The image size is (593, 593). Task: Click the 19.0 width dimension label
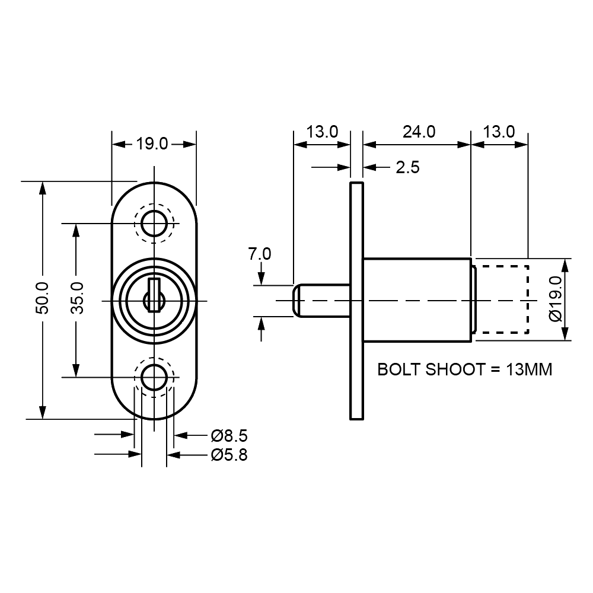point(154,144)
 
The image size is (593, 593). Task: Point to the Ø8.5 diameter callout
point(228,437)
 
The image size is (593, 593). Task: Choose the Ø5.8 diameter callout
point(228,455)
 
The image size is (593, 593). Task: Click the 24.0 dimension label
point(419,132)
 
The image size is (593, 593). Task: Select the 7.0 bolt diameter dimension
point(260,254)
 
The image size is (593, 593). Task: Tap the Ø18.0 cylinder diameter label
point(556,299)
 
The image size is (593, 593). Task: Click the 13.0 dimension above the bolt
point(322,132)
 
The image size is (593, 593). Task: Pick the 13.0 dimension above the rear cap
point(498,132)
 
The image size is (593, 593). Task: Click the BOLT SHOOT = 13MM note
point(465,371)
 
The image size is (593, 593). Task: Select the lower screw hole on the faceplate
point(154,376)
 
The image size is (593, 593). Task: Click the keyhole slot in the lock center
point(154,295)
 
